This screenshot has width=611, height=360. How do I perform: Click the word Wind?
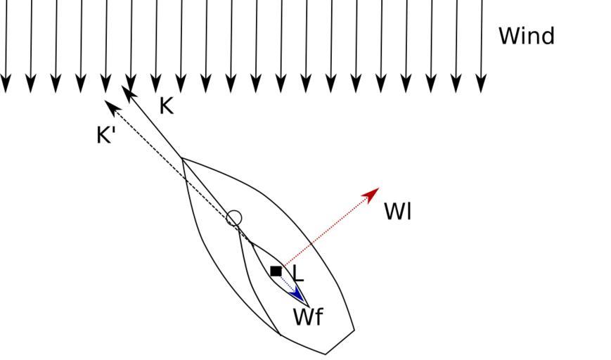tap(526, 36)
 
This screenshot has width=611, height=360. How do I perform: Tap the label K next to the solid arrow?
tap(166, 106)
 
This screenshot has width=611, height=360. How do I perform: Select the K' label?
tap(106, 135)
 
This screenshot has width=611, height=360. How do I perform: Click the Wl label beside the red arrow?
tap(397, 212)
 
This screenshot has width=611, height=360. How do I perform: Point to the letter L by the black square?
tap(297, 274)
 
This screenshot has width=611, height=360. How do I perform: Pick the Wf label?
tap(308, 317)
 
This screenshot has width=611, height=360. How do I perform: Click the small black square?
tap(276, 271)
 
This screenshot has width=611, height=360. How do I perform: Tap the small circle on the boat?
tap(234, 219)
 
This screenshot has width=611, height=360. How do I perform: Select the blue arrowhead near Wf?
tap(297, 293)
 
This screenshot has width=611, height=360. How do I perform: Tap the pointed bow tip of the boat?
tap(182, 159)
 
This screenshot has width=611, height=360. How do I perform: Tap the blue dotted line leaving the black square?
tap(286, 282)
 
